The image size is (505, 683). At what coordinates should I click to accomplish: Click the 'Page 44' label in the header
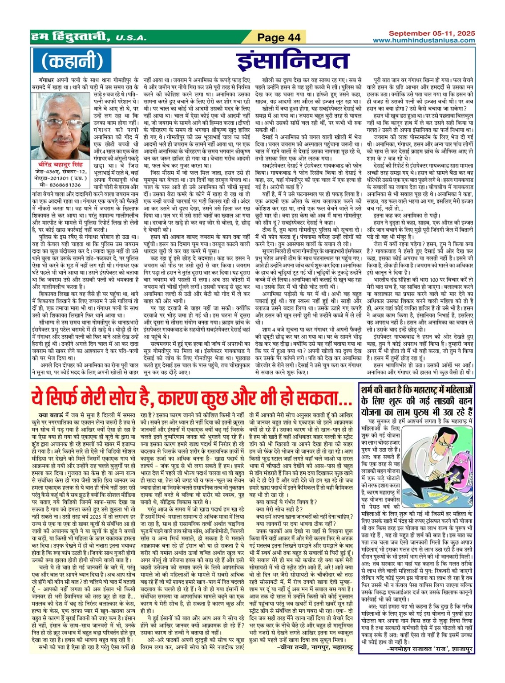279,38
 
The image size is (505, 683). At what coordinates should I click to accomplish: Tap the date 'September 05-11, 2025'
432,33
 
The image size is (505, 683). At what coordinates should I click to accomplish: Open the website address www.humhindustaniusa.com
424,41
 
